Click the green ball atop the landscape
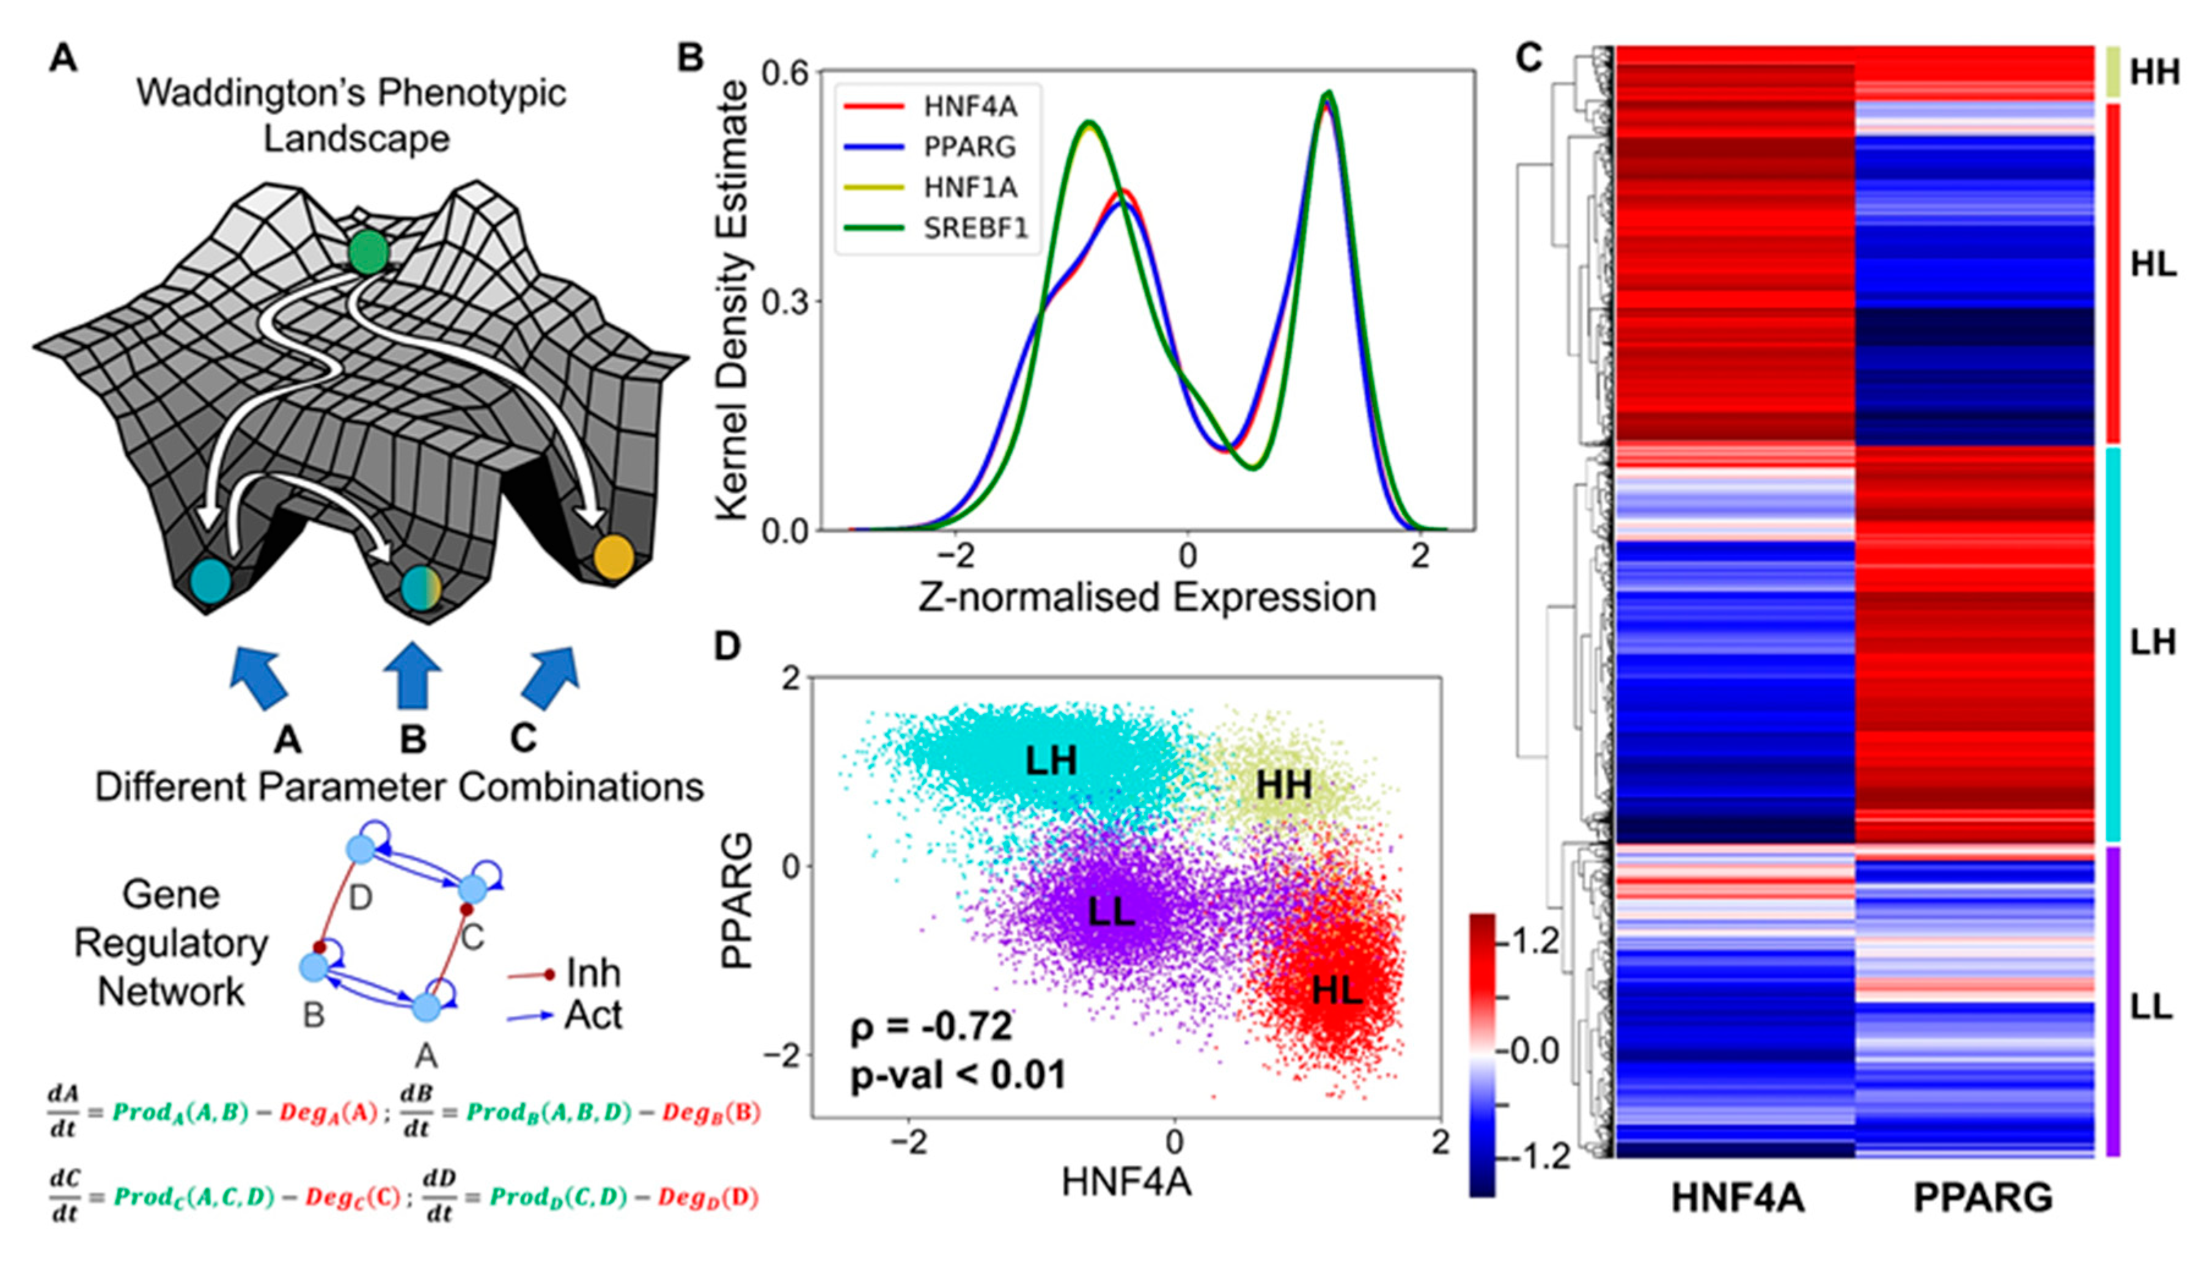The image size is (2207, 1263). [369, 252]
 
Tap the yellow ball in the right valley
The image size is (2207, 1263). [614, 558]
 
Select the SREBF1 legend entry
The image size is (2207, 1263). [975, 227]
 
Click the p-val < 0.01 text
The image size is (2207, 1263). [957, 1076]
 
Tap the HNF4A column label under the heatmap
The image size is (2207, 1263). [1737, 1198]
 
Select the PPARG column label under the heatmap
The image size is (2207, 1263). [1983, 1198]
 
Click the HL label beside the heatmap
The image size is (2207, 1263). [2153, 265]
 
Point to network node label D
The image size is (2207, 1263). [360, 898]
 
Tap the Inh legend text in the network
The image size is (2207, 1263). [593, 973]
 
